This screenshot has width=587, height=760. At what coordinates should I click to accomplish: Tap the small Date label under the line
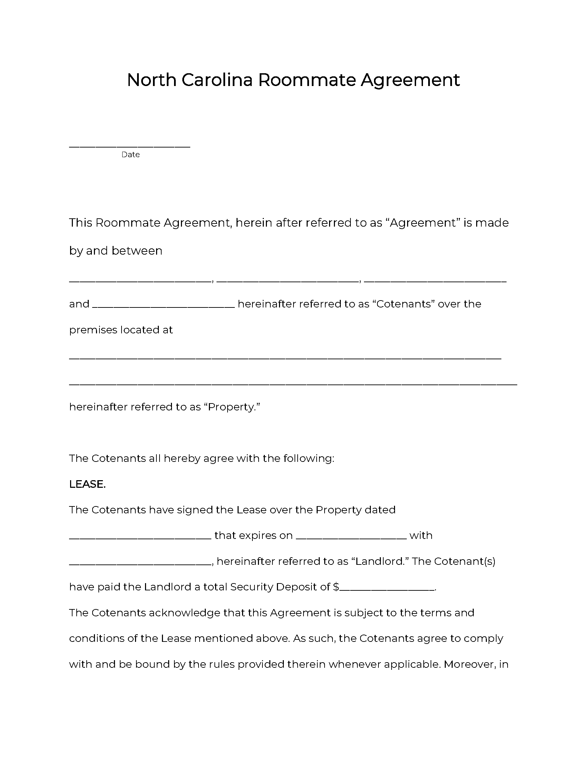tap(131, 155)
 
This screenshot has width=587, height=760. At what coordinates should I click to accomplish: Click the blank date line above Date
tap(129, 146)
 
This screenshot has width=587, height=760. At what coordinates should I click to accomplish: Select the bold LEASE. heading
tap(87, 484)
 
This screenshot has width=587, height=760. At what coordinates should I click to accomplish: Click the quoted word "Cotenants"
tap(403, 304)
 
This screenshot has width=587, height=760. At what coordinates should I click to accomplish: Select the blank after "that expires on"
tap(351, 538)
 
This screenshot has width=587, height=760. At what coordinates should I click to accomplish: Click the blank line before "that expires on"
tap(140, 538)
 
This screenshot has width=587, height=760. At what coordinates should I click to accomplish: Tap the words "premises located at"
tap(121, 330)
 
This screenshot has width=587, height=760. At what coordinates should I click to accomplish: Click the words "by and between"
tap(115, 251)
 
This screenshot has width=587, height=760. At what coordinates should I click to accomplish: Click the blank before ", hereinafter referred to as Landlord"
tap(140, 564)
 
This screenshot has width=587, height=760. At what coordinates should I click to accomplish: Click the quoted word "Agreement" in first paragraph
tap(423, 223)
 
